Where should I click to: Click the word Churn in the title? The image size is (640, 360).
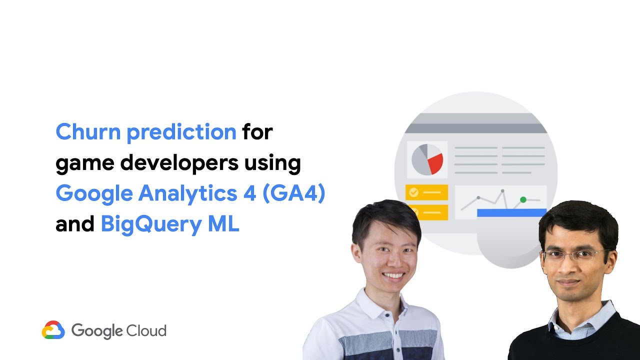(x=88, y=132)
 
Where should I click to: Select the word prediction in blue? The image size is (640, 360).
(x=181, y=132)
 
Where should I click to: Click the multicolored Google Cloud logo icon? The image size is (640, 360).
(x=53, y=330)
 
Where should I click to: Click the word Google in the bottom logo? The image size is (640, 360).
(x=97, y=331)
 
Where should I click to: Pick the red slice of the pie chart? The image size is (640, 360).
(x=434, y=163)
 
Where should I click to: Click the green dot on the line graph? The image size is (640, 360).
(x=523, y=199)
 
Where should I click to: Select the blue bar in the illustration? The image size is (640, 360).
(x=510, y=213)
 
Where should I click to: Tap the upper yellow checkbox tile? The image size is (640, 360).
(x=426, y=192)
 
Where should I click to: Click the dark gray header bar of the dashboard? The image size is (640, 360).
(x=475, y=128)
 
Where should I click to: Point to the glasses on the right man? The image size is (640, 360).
(x=575, y=256)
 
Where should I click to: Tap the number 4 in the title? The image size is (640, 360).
(x=249, y=194)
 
